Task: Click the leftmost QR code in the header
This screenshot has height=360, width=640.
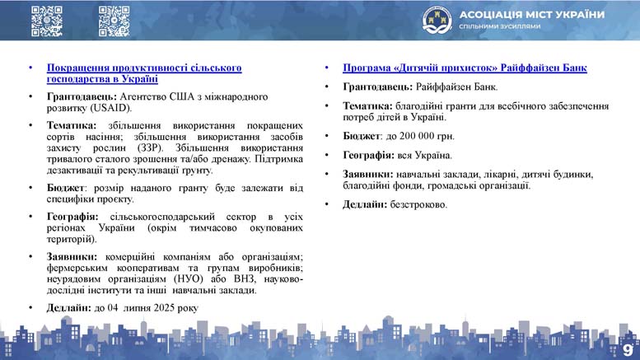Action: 47,21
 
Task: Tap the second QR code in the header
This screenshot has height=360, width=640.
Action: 114,21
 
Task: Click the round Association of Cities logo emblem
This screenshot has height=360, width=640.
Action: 437,20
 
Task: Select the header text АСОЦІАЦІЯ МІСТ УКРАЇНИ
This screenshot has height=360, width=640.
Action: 532,15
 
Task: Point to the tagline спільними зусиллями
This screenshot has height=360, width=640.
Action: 500,26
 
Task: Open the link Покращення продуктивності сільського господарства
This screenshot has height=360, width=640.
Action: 144,73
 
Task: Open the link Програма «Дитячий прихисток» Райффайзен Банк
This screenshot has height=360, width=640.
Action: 465,68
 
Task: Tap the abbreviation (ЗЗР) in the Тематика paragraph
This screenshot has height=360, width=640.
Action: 150,147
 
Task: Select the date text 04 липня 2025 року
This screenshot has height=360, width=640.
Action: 153,308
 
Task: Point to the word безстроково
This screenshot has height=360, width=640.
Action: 418,204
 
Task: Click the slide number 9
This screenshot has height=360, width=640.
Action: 628,350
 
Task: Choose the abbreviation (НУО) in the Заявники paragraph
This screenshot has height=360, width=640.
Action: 188,279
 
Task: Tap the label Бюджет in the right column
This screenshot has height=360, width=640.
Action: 362,136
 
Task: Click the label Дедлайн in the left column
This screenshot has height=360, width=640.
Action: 68,308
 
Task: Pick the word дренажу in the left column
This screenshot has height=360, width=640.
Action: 232,159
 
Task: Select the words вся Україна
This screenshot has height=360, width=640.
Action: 424,156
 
